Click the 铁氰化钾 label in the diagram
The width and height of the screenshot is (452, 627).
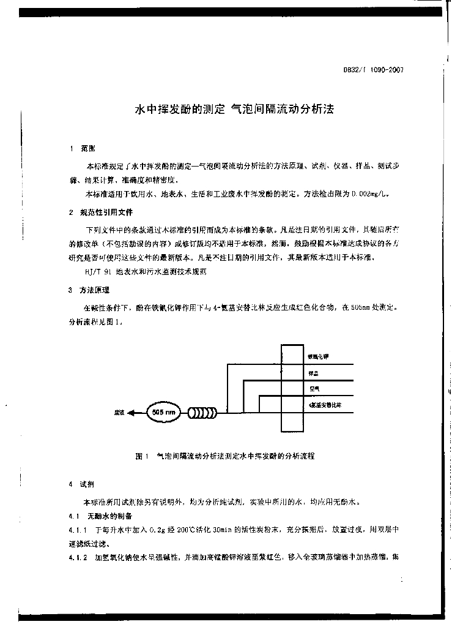tap(317, 357)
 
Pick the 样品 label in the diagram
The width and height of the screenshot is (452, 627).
tap(313, 373)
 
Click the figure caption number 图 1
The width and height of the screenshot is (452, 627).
tap(141, 456)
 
